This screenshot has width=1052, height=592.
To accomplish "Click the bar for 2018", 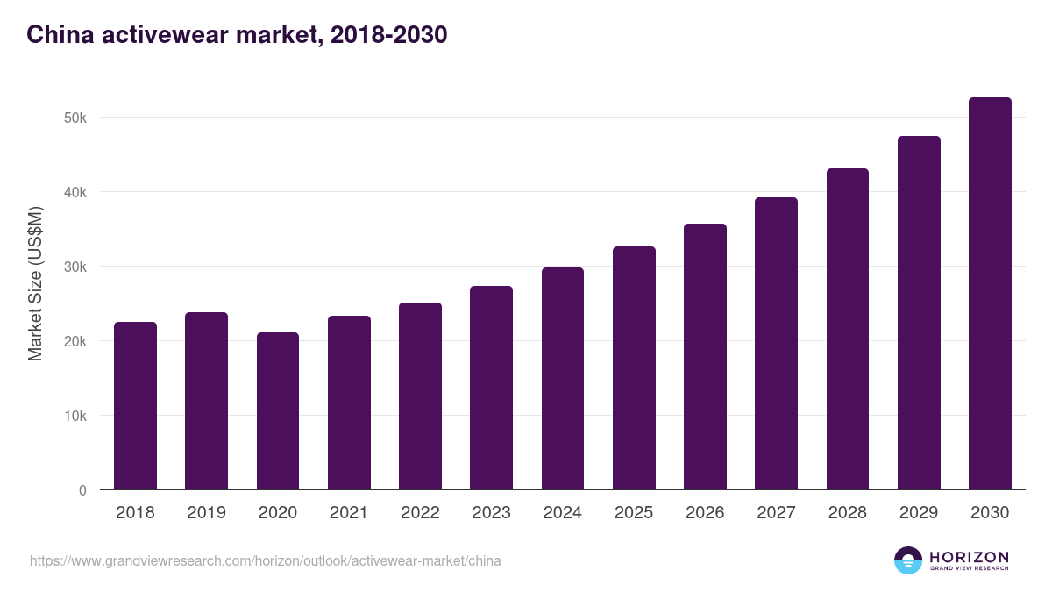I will click(x=135, y=406).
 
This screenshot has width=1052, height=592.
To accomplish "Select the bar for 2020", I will click(x=278, y=411).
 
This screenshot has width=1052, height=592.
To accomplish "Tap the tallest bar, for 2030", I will click(x=990, y=294).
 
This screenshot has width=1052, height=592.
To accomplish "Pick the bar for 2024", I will click(x=563, y=379).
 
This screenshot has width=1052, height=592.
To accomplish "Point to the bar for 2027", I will click(x=776, y=344).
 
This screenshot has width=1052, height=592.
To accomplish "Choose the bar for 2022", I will click(x=420, y=396).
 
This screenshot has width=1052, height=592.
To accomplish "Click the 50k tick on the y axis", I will click(x=75, y=118).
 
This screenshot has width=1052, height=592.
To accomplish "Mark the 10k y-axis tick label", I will click(x=75, y=416).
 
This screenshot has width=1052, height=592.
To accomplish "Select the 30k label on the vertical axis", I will click(x=75, y=267).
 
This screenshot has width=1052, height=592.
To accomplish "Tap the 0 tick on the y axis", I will click(x=82, y=490).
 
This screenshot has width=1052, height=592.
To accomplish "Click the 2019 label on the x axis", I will click(x=206, y=513).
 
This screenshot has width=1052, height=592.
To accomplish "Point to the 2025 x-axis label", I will click(x=634, y=513).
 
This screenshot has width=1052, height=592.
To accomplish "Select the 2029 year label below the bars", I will click(x=919, y=513).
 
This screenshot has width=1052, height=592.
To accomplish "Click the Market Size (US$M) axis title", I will click(x=35, y=284).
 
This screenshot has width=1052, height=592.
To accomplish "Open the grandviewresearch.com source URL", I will click(x=266, y=560).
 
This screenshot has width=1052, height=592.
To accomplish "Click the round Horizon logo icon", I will click(x=908, y=560).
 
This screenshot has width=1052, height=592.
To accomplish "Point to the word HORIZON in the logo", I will click(x=969, y=557).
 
